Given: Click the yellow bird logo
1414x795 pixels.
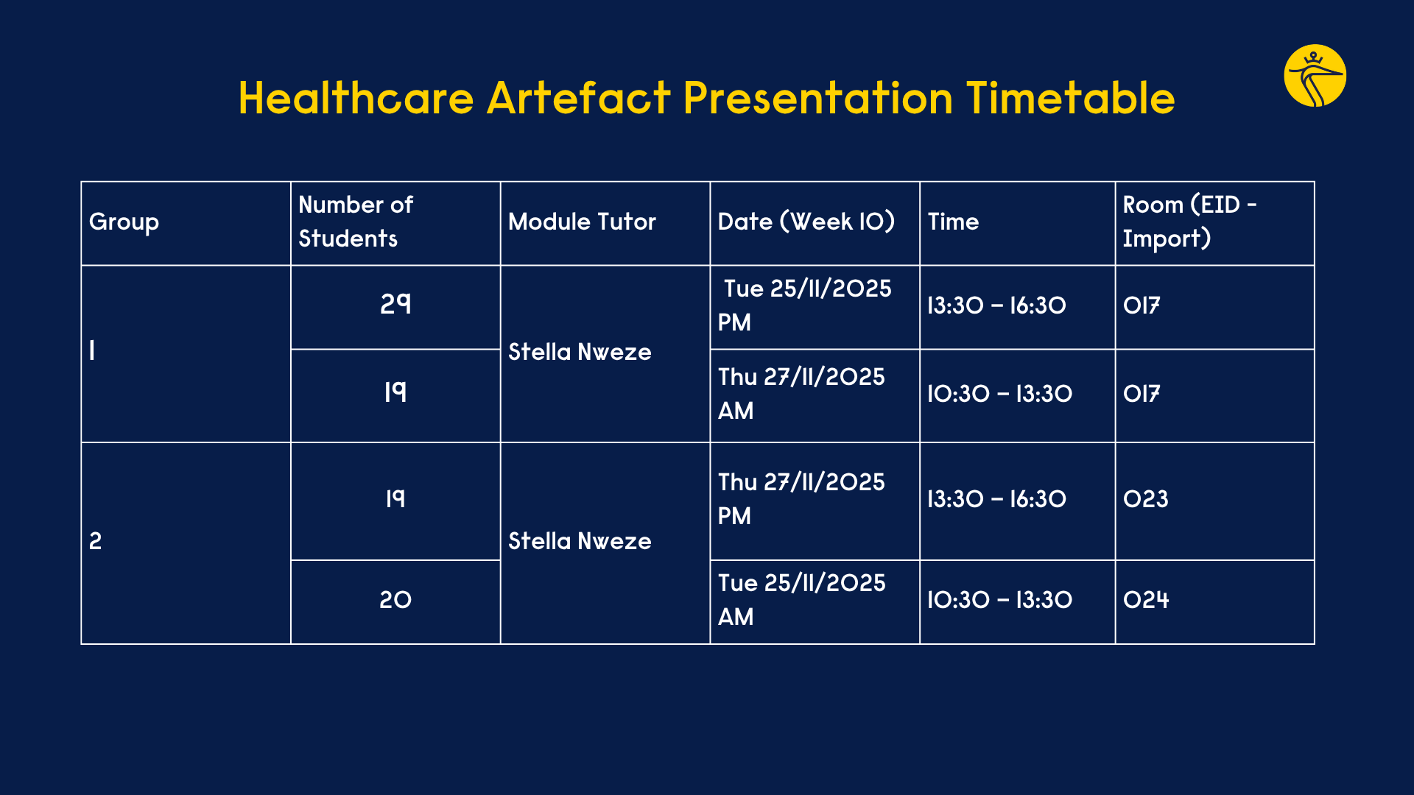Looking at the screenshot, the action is click(1315, 76).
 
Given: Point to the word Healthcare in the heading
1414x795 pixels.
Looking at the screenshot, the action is click(356, 98).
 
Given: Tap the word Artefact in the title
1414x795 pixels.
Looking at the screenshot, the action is click(578, 98).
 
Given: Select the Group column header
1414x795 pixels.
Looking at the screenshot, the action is click(124, 222).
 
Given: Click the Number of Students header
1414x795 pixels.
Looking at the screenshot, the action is click(356, 222).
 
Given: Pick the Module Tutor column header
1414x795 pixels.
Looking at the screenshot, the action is click(582, 222).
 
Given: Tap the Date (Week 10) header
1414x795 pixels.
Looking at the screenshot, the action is click(806, 222).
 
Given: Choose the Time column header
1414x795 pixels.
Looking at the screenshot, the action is click(953, 222).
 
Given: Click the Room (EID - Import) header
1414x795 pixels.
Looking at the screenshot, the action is click(1189, 222).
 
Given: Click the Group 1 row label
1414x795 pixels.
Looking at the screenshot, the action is click(92, 350).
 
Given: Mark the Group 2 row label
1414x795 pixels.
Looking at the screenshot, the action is click(96, 542).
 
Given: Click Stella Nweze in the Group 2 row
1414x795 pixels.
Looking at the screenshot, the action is click(580, 541).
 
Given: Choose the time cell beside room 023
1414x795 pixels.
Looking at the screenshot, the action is click(996, 499).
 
